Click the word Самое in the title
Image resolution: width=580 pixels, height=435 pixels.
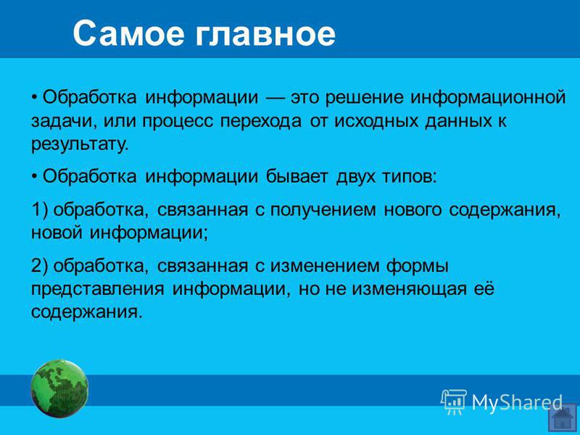[x=128, y=33]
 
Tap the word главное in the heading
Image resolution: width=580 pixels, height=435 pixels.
[x=265, y=33]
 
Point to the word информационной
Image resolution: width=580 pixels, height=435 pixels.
[x=488, y=97]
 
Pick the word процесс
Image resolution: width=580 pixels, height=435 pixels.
[x=178, y=122]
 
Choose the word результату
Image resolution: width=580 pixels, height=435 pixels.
[x=80, y=144]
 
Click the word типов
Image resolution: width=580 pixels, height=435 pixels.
[x=410, y=178]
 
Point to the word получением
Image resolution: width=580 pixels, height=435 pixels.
[x=323, y=210]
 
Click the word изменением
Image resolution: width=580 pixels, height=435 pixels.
[x=325, y=267]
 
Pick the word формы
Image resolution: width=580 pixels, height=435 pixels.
[x=418, y=267]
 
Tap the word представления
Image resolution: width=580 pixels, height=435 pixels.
[x=98, y=289]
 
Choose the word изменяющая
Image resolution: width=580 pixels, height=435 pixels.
[x=409, y=289]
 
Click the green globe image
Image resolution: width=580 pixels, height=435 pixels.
[x=59, y=389]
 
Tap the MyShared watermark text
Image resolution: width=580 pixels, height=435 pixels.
[x=517, y=402]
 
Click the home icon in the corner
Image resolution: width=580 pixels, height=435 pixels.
[x=563, y=418]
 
